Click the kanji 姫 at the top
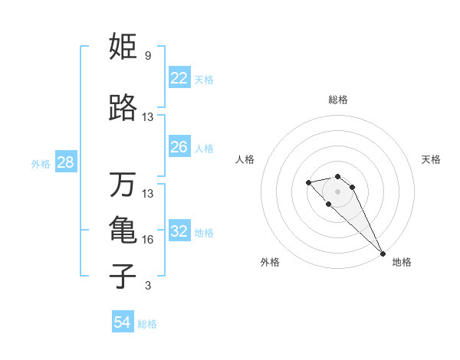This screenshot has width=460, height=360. coord(123,47)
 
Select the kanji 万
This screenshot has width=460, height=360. coord(123,185)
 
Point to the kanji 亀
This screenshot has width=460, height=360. coord(123,230)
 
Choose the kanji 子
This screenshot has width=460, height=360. coord(123,276)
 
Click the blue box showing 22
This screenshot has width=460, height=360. coord(179,77)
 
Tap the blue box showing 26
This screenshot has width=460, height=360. coord(179,147)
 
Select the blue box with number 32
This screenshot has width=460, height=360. coord(179,231)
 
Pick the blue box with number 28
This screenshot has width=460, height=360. coord(65,162)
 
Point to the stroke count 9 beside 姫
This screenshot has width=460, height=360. coord(147,56)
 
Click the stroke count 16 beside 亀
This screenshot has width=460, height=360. coord(148,240)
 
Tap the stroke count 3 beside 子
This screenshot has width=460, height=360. coord(147,286)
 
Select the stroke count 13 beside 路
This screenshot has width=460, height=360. coord(148,117)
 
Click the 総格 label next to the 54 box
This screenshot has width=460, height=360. coord(147,324)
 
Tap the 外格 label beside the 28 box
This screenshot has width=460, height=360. coord(41,163)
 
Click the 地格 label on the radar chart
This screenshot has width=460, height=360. coord(402,262)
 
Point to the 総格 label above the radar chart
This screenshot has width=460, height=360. coord(338,100)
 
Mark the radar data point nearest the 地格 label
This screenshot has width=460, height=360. coord(382,254)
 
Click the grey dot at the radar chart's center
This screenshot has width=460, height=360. coord(337,191)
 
